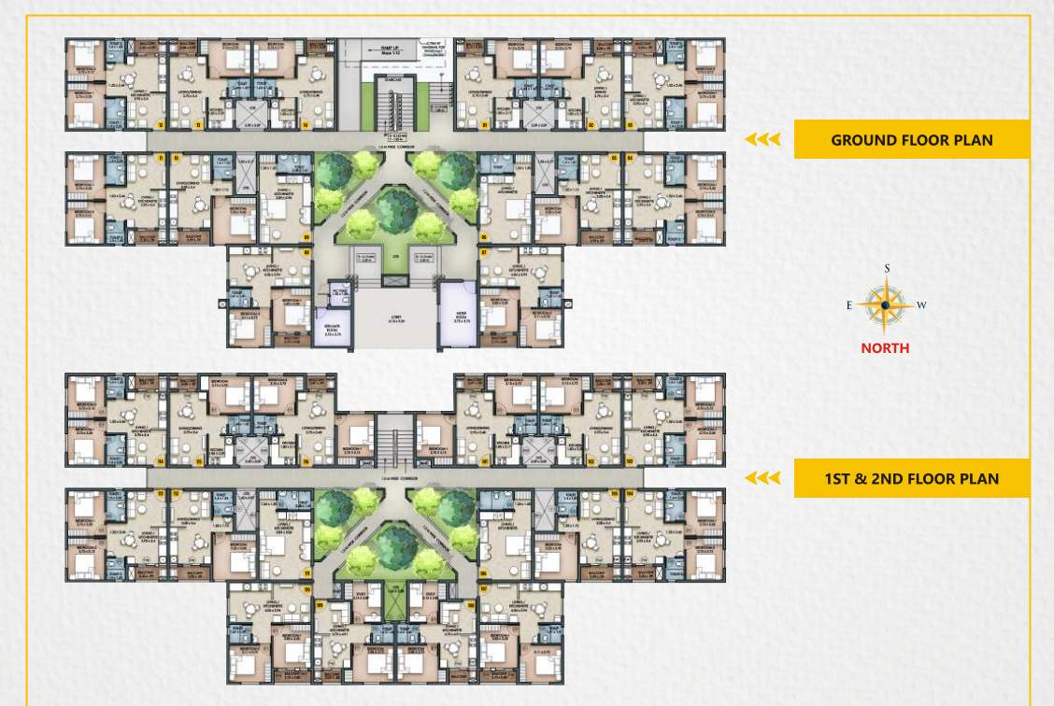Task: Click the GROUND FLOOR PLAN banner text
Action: (911, 140)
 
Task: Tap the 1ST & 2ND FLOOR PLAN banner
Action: (911, 479)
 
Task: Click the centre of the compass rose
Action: (886, 305)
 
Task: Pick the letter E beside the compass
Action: (848, 305)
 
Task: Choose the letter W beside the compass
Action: (922, 305)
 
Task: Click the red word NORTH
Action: (886, 348)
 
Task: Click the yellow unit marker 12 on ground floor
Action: (161, 123)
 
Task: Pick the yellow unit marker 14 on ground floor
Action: (305, 123)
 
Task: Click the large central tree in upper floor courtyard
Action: (397, 544)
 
